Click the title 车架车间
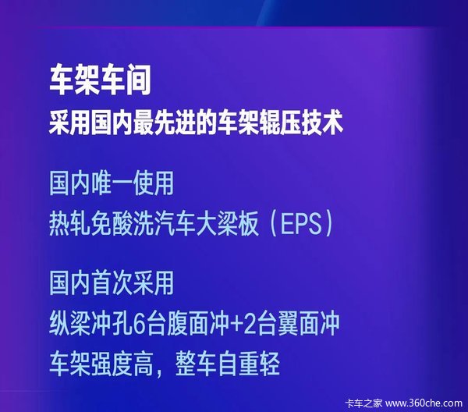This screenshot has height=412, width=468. tap(100, 80)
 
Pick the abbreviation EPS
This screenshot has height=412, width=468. tap(300, 224)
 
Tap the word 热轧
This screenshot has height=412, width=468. tap(69, 224)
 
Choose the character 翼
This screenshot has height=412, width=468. tap(288, 324)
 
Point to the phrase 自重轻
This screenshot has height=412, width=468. tap(249, 364)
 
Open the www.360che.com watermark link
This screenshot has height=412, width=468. tap(424, 403)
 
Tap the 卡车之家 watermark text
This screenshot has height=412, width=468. tap(363, 403)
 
